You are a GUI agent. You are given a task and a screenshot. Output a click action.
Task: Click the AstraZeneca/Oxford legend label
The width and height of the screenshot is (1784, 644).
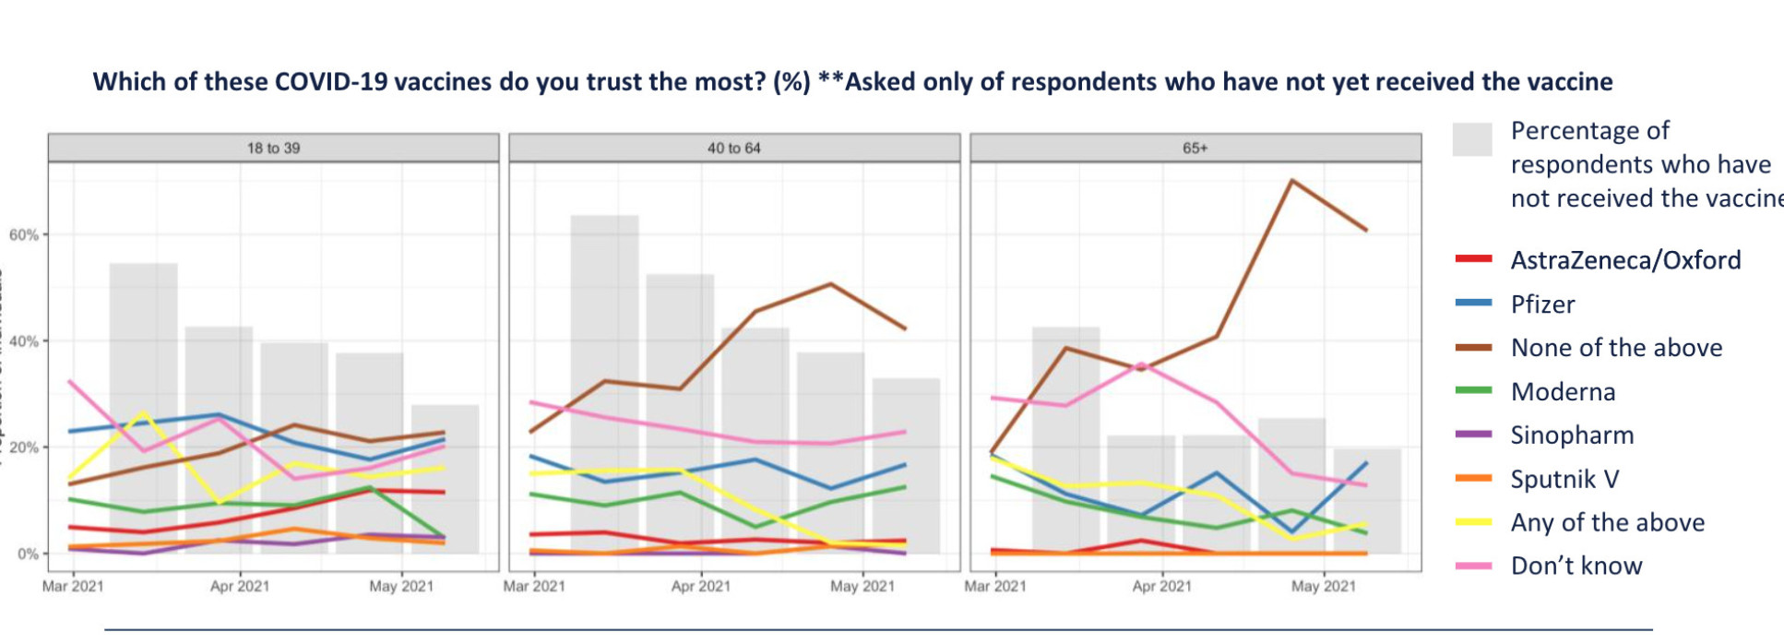[x=1625, y=260]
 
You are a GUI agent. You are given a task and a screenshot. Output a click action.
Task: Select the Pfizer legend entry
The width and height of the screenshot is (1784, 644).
[x=1542, y=304]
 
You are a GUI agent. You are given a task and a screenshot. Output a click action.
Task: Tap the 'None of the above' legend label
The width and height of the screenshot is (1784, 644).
[x=1616, y=348]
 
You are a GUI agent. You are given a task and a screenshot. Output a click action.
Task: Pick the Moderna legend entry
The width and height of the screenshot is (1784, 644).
[x=1563, y=392]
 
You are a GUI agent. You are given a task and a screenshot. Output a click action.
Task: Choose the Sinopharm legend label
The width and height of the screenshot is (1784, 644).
[x=1572, y=435]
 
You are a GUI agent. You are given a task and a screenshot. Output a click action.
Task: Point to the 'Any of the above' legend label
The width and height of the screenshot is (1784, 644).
[x=1607, y=522]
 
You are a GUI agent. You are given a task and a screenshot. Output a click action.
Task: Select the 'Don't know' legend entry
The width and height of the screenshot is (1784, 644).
[x=1576, y=566]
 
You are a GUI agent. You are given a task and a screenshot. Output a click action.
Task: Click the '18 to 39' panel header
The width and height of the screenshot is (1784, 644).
[x=273, y=148]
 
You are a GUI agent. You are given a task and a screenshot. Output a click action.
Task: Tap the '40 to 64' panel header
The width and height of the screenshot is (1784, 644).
[x=734, y=148]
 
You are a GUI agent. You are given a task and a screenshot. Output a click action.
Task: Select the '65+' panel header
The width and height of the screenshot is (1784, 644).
[x=1195, y=148]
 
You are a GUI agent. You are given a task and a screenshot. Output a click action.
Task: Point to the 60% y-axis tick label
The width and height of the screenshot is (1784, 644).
[x=24, y=235]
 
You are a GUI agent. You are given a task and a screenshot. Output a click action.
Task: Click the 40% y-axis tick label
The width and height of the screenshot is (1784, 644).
[x=24, y=341]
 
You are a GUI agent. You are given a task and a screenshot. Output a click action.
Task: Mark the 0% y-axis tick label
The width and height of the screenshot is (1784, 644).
[x=28, y=554]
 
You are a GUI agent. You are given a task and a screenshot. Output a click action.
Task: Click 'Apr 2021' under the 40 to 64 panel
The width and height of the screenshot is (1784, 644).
[x=701, y=586]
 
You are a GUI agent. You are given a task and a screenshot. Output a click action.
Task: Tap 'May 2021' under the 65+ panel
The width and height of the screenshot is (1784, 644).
[x=1324, y=586]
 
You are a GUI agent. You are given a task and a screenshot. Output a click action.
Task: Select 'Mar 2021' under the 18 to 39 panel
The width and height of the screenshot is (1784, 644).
[x=73, y=586]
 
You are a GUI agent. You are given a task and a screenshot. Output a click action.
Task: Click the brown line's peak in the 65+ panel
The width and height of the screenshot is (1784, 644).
[x=1292, y=181]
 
